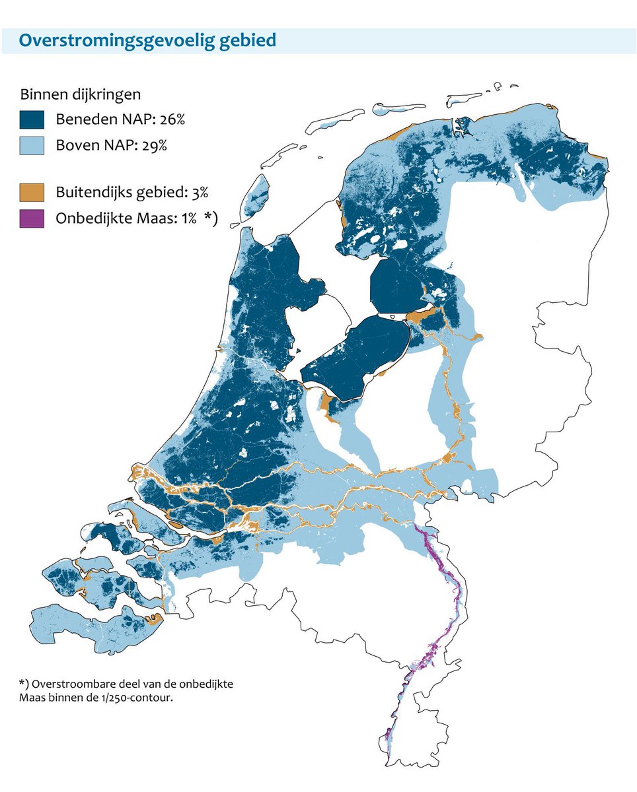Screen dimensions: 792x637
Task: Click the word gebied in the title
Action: pyautogui.click(x=250, y=41)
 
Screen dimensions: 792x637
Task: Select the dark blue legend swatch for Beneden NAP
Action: pyautogui.click(x=32, y=119)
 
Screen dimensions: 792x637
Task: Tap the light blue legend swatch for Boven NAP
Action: pyautogui.click(x=32, y=145)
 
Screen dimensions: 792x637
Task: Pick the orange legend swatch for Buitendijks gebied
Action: pyautogui.click(x=32, y=193)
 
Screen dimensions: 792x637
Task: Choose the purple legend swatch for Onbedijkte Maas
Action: pyautogui.click(x=32, y=218)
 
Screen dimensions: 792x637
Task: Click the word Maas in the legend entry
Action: pyautogui.click(x=149, y=219)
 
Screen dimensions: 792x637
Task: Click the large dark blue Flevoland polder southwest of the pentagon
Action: pyautogui.click(x=360, y=356)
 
